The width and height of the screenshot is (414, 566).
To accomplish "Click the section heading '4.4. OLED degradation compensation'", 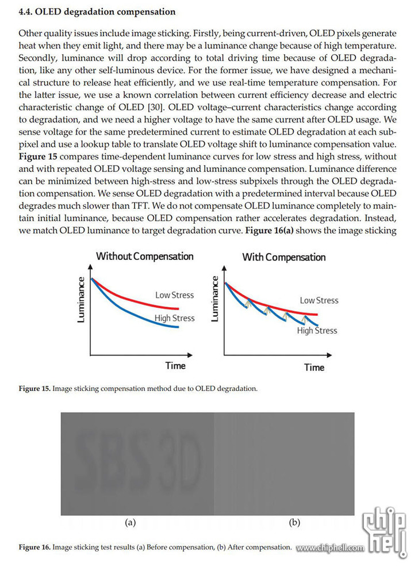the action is click(97, 12).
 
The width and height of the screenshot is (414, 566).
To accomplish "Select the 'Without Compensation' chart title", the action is click(145, 257).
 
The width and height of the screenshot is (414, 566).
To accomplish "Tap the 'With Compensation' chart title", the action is click(284, 257).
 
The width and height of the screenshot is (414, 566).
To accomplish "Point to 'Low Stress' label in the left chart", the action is click(174, 295).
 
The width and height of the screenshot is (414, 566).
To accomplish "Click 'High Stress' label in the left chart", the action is click(174, 318).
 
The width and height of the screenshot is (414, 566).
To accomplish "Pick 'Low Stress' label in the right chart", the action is click(319, 300).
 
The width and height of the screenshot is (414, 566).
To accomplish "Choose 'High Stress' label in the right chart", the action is click(317, 331).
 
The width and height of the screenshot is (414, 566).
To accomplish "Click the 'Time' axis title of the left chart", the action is click(175, 366).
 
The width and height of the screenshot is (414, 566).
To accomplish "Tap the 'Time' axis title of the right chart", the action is click(314, 368).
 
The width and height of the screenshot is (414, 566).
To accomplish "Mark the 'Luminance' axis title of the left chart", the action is click(81, 300).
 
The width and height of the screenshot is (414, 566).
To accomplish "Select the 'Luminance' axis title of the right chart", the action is click(214, 299).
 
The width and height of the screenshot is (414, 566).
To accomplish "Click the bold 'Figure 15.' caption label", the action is click(34, 389).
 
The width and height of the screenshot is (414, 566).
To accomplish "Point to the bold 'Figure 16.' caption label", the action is click(34, 547).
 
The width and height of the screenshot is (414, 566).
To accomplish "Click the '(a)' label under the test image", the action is click(130, 522).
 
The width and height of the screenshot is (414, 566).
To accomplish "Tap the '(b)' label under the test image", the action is click(294, 522).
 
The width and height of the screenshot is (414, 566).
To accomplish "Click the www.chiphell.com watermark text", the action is click(330, 548).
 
